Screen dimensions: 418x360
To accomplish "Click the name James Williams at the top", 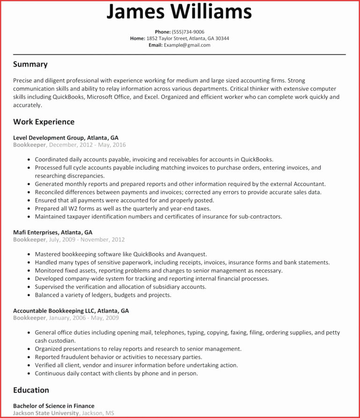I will click(x=179, y=12).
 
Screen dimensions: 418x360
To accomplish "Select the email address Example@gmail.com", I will click(x=187, y=45).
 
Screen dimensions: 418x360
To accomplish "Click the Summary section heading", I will click(x=30, y=64).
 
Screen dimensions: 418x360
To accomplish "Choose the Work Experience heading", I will click(x=44, y=122).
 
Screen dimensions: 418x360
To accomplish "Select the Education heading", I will click(x=31, y=390).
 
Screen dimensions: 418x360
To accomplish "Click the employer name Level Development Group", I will click(x=49, y=138).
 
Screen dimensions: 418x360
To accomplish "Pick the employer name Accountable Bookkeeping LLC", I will click(x=54, y=311).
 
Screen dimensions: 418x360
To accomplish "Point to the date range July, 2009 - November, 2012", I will click(x=87, y=239).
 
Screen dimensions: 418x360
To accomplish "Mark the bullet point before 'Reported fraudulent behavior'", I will click(x=29, y=357).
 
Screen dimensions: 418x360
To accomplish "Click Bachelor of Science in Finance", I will click(x=53, y=406).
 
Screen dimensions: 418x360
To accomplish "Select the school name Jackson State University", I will click(x=46, y=413).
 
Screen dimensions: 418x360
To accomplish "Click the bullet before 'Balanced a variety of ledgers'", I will click(x=29, y=295).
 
